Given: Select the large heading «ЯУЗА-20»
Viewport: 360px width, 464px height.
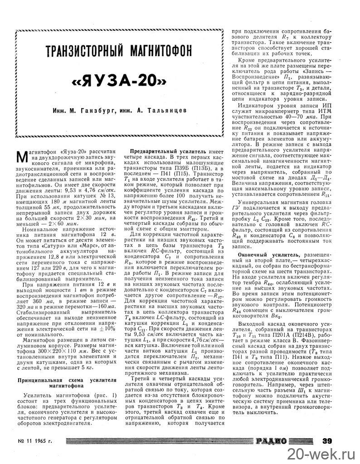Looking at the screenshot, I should click(119, 83).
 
